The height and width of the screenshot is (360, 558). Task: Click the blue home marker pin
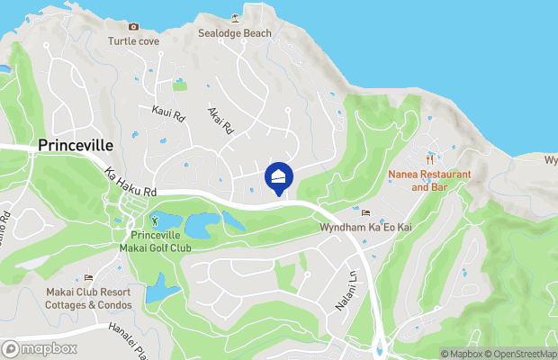point(279,177)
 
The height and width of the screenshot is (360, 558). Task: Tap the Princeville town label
point(75,145)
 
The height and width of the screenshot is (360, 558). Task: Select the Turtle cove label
point(133,41)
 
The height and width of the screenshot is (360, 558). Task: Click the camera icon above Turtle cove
point(134,27)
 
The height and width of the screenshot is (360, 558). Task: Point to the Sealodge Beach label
point(234,34)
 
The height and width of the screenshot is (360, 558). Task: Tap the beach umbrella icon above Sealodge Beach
point(235,18)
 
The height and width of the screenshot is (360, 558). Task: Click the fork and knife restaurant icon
point(430,157)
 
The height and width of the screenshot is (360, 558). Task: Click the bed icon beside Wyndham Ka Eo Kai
point(364,212)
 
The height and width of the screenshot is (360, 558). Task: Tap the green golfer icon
point(154,219)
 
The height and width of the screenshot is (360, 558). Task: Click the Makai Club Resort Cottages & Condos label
point(88,299)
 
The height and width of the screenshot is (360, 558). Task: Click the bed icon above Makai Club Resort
point(88,277)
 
